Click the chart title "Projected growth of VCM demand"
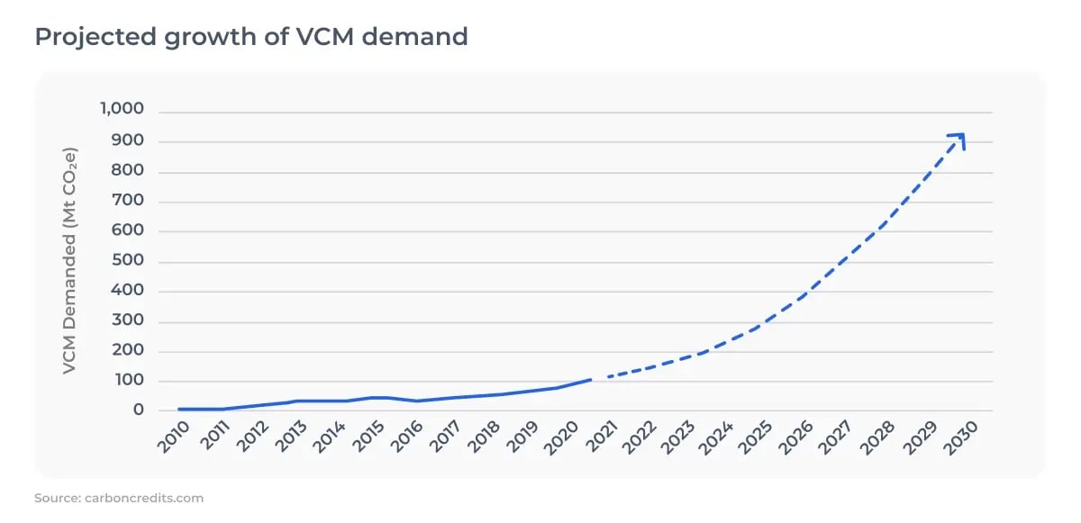pos(251,37)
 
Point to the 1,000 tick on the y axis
pos(122,110)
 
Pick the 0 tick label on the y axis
pos(139,410)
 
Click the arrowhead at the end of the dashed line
pos(959,139)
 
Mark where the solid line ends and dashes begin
pos(592,379)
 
